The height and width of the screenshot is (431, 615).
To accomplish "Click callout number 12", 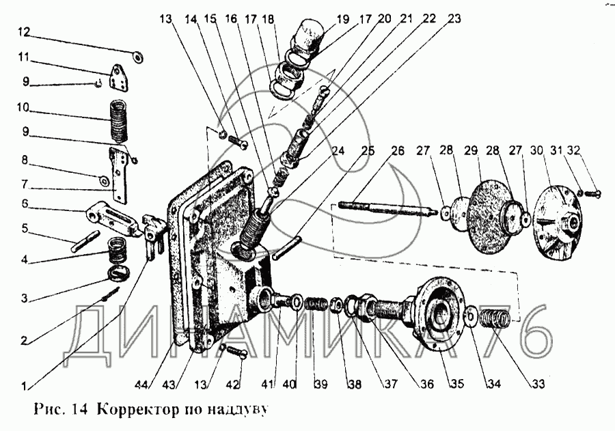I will click(24, 32).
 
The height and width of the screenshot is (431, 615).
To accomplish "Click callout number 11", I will click(25, 57).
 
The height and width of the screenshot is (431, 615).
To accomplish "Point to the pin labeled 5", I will click(85, 242).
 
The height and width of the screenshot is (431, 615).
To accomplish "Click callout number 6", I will click(25, 204).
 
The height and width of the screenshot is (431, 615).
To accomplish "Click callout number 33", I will click(539, 384).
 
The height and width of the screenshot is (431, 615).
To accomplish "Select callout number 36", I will click(427, 384).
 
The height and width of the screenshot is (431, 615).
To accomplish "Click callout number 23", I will click(454, 19).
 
